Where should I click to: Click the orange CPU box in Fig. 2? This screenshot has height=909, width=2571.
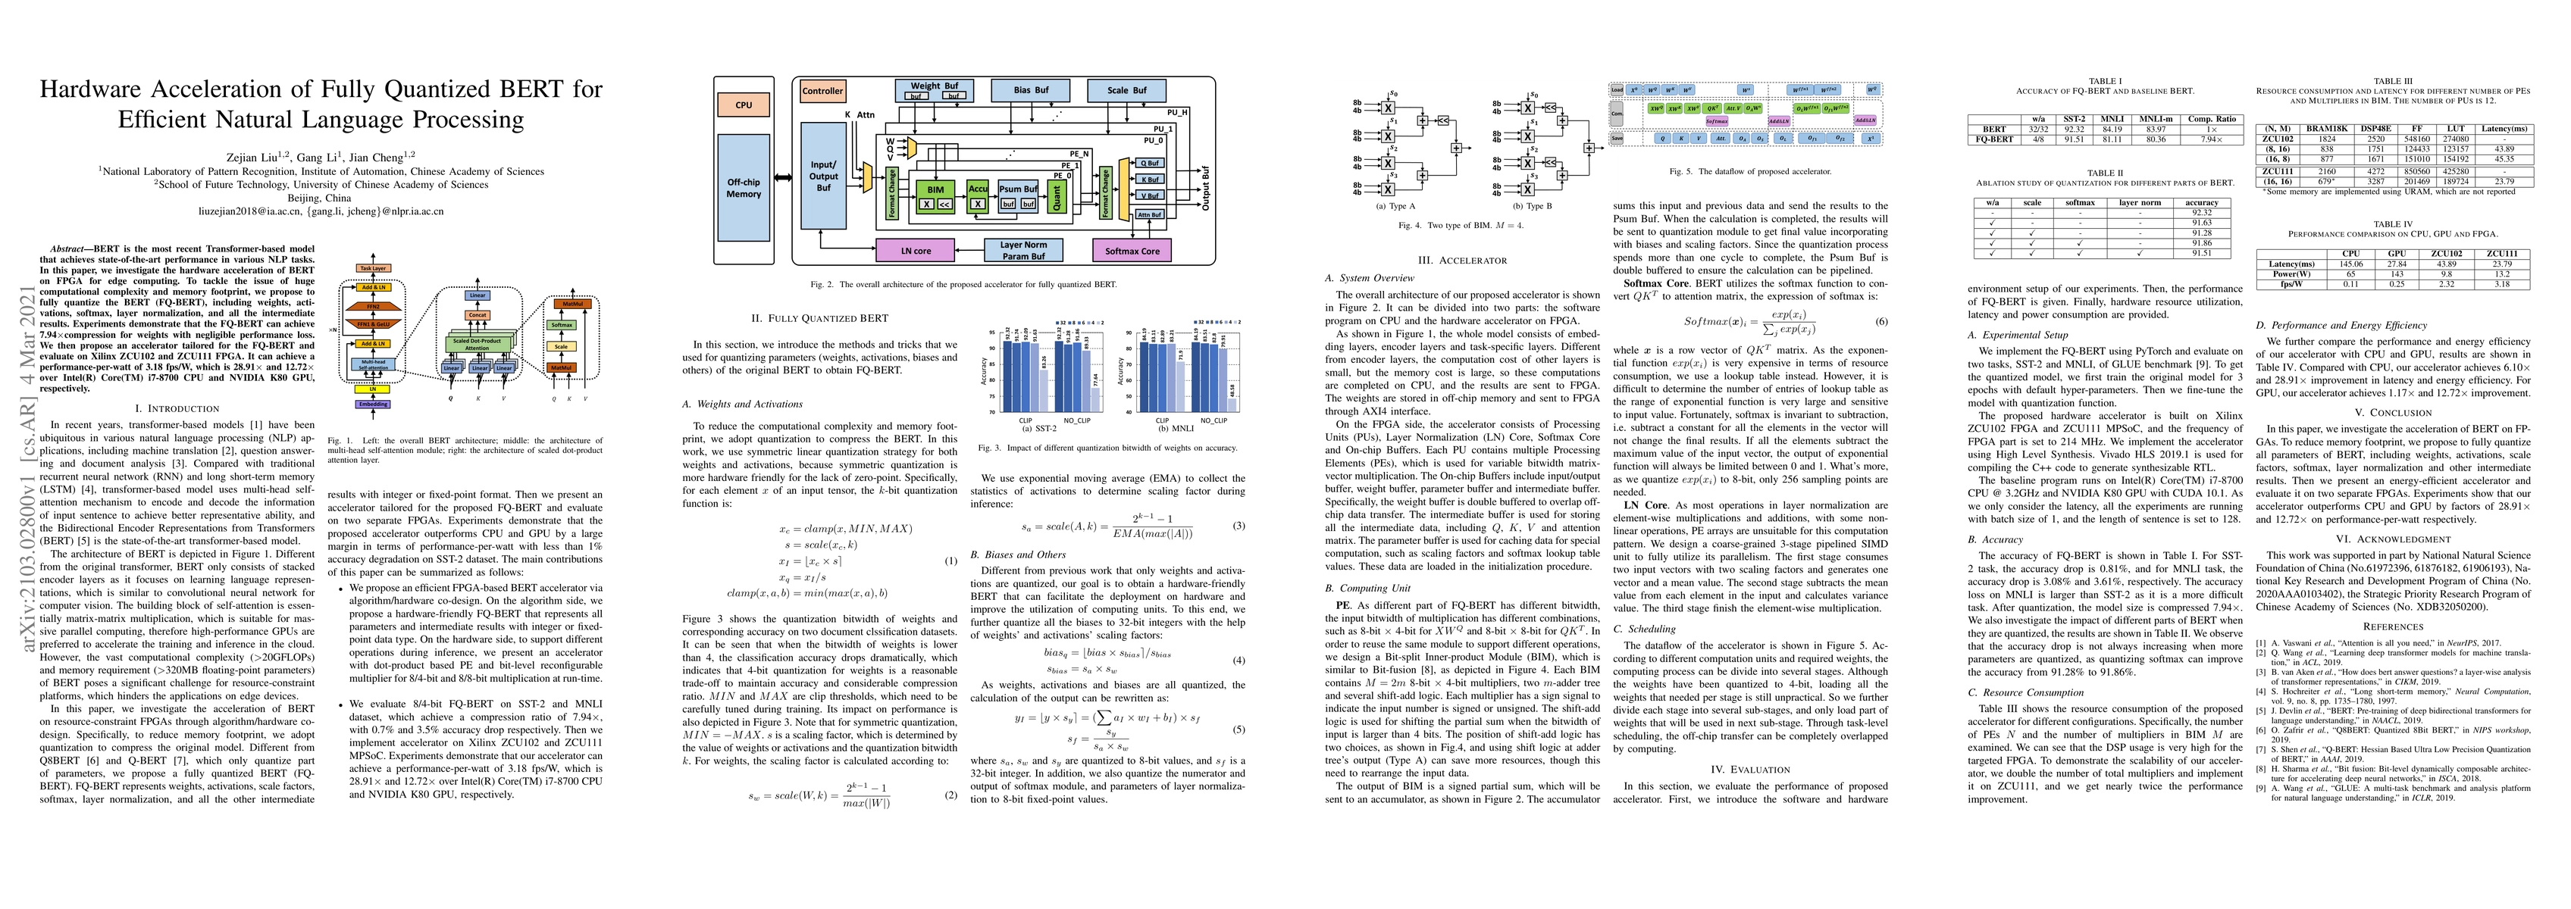coord(744,105)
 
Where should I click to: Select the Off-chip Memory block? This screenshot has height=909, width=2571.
coord(744,188)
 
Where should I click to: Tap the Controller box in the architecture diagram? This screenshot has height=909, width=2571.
coord(822,91)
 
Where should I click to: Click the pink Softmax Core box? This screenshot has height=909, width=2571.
coord(1132,251)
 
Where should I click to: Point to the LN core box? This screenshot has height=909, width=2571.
coord(915,251)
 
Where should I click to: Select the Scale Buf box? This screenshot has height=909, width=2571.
coord(1127,90)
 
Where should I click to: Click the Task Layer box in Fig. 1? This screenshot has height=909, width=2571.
coord(372,268)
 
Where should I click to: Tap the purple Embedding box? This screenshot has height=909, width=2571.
coord(372,404)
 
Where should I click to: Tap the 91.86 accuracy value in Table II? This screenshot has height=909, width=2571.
coord(2200,242)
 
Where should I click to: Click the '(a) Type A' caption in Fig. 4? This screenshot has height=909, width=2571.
coord(1395,205)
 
